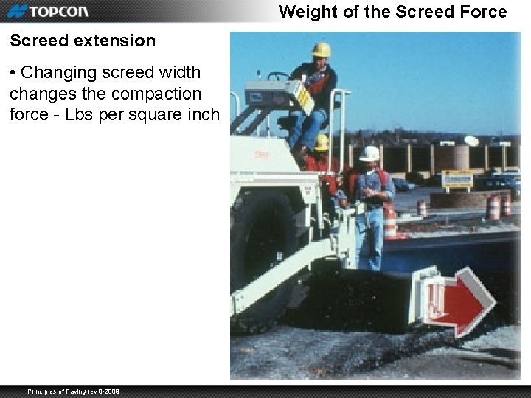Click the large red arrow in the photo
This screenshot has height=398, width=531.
coord(462,301)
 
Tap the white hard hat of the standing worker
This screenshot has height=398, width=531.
coord(369,153)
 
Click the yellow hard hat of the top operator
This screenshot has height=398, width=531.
coord(321,49)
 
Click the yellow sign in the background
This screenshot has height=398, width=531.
coord(457,179)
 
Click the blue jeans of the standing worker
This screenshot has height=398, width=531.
coord(369,236)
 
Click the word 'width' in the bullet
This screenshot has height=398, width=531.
coord(181,72)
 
